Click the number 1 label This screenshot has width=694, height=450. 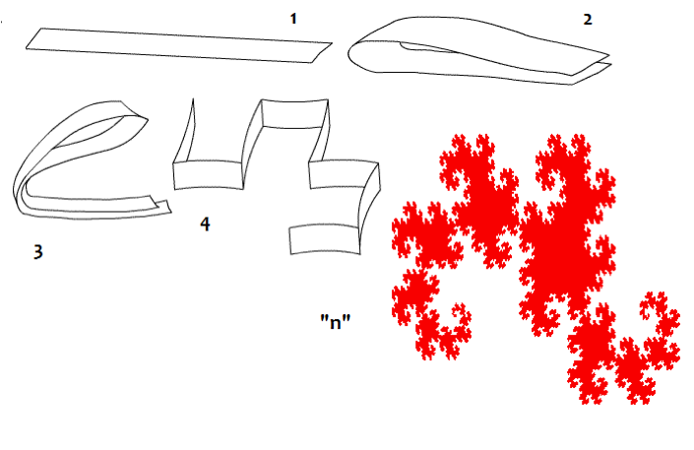[293, 19]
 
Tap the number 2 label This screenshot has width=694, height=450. [588, 20]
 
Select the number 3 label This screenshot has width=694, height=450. [38, 251]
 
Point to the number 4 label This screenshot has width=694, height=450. [205, 225]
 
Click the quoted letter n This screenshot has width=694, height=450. [336, 322]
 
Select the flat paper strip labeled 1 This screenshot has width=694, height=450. [179, 45]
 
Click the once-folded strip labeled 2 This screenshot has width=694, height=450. [479, 50]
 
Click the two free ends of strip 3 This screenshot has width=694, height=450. [159, 205]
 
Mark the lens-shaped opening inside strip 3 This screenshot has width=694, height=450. [95, 132]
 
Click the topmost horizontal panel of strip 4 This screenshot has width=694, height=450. [294, 114]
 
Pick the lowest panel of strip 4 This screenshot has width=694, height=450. [325, 239]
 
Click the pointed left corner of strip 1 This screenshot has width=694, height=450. [27, 47]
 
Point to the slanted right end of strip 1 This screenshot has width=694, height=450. [322, 53]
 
